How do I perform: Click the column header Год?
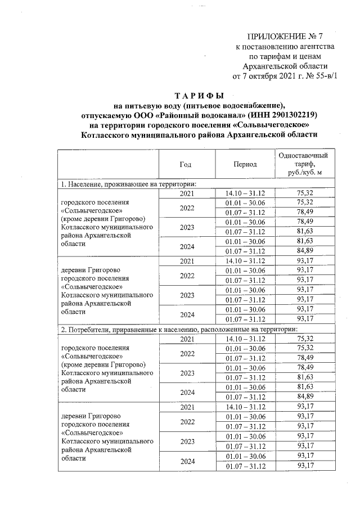186,164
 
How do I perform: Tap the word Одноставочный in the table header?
304,155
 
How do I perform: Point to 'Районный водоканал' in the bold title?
191,114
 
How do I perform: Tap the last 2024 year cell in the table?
186,461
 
